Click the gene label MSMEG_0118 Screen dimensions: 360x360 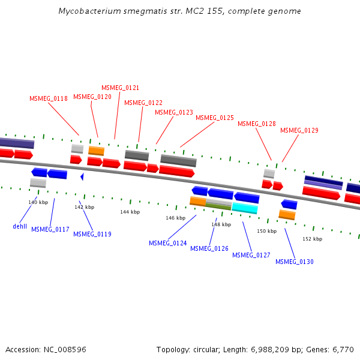[49, 98]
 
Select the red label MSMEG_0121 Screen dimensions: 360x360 [120, 88]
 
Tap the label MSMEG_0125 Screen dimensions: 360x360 [215, 118]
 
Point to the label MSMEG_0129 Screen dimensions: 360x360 [299, 131]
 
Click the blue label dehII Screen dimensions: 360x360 [20, 227]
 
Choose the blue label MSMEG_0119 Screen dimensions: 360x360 [92, 234]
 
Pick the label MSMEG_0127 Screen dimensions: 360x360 [251, 255]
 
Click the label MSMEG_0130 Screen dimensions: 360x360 [294, 262]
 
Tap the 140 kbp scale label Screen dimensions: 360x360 [38, 203]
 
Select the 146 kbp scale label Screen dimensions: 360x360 [175, 218]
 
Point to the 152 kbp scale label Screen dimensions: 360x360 [312, 239]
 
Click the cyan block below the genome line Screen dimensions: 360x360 [245, 208]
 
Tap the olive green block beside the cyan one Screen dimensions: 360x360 [218, 206]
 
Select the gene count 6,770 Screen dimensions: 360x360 [343, 349]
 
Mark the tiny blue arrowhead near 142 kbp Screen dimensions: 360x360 [82, 176]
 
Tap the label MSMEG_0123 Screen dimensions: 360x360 [174, 112]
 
